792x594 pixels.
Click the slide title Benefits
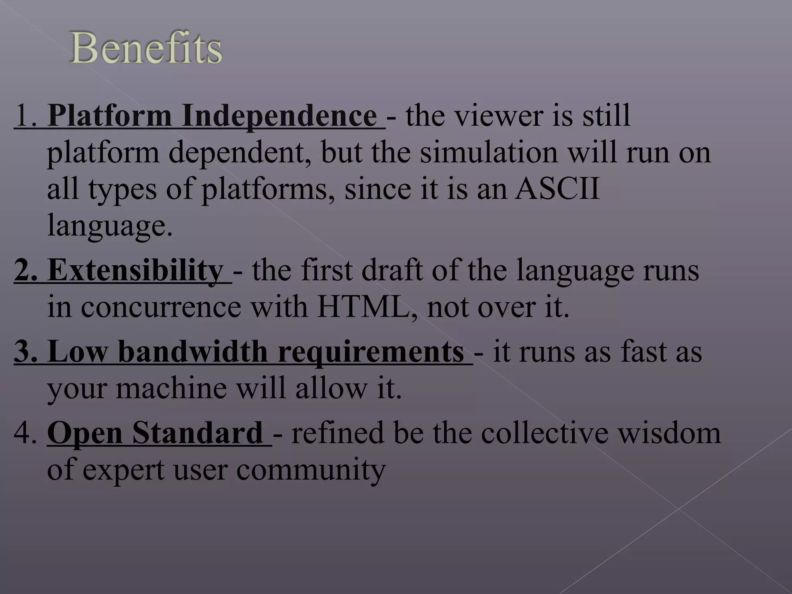pyautogui.click(x=146, y=48)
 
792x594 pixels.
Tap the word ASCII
pyautogui.click(x=557, y=189)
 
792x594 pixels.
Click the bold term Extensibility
pyautogui.click(x=135, y=270)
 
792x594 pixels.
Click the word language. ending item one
pyautogui.click(x=110, y=226)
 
